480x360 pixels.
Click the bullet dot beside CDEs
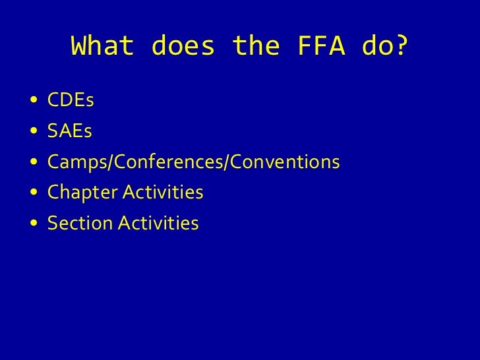click(x=34, y=102)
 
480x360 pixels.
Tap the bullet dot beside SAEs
click(x=34, y=133)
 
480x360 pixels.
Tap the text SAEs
click(x=69, y=132)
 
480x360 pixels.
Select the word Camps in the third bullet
click(x=73, y=163)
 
